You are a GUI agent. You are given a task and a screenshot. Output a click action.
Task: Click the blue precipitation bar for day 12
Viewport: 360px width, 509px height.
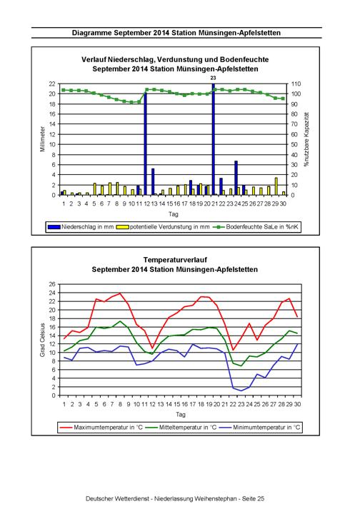pyautogui.click(x=145, y=144)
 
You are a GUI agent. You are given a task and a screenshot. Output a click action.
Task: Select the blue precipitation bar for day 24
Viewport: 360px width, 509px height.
pyautogui.click(x=236, y=178)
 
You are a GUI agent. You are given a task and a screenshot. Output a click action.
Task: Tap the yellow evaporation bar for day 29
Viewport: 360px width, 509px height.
pyautogui.click(x=276, y=186)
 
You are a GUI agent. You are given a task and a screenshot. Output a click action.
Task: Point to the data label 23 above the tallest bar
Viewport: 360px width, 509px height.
pyautogui.click(x=213, y=78)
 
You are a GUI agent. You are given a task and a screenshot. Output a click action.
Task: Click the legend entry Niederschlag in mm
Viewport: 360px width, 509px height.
pyautogui.click(x=81, y=227)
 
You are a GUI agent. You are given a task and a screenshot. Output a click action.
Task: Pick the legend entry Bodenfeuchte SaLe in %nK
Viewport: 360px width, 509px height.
pyautogui.click(x=256, y=227)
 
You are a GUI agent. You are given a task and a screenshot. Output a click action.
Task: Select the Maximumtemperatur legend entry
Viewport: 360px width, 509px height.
pyautogui.click(x=101, y=427)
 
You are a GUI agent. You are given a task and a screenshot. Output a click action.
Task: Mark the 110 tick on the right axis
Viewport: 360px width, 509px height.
pyautogui.click(x=296, y=84)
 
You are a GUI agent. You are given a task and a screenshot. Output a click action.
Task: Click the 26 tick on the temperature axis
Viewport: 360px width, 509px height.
pyautogui.click(x=52, y=284)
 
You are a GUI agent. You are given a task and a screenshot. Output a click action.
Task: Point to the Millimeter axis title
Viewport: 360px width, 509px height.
pyautogui.click(x=42, y=139)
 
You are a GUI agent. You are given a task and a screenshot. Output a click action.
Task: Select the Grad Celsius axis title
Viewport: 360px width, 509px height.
pyautogui.click(x=42, y=340)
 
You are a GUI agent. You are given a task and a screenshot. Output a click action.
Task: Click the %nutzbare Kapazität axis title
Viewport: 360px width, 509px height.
pyautogui.click(x=306, y=139)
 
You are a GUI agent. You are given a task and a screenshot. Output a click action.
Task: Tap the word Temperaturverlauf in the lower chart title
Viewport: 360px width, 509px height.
pyautogui.click(x=175, y=260)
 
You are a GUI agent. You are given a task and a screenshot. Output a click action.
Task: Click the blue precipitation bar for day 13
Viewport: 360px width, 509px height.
pyautogui.click(x=153, y=182)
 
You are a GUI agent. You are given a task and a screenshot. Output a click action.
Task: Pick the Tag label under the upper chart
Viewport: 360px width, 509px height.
pyautogui.click(x=173, y=214)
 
